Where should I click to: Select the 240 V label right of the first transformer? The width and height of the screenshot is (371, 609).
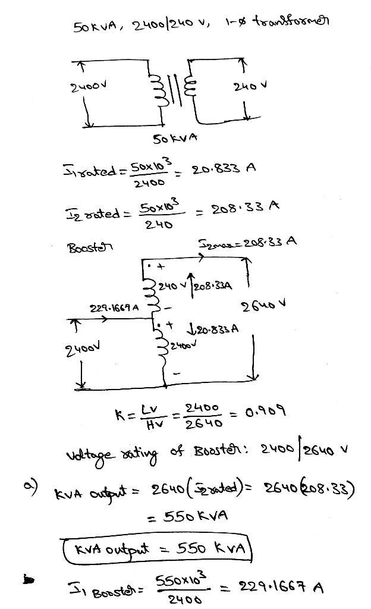coord(250,86)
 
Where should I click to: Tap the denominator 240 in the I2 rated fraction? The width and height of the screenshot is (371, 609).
coord(159,225)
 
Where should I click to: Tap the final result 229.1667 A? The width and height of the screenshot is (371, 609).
coord(281,587)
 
